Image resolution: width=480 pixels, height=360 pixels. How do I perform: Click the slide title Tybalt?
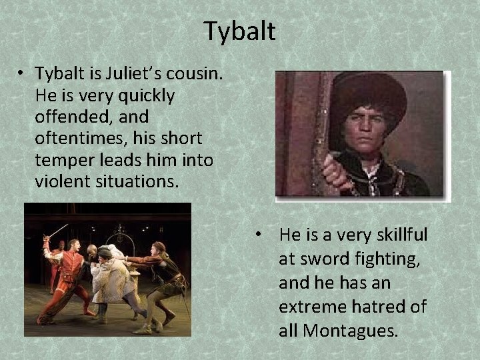click(x=240, y=31)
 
